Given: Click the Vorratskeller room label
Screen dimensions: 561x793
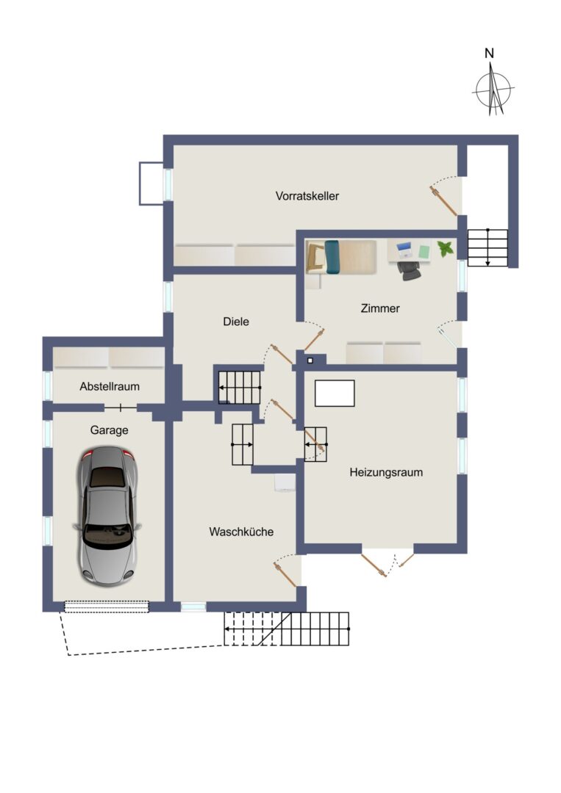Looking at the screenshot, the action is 307,196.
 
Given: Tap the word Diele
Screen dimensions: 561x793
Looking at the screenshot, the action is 236,321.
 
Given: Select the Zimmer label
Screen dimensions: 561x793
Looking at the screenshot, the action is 380,308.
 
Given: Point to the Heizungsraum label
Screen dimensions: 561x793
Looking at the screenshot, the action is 386,472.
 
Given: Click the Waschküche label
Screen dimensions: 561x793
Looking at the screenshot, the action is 241,532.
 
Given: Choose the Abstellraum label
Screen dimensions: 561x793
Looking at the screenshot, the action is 110,386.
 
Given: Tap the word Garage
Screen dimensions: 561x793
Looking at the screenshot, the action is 109,430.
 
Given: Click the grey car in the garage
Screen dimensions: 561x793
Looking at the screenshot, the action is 107,515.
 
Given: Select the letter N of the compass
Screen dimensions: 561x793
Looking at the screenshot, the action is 489,53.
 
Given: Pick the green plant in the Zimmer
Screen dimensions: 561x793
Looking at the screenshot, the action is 446,248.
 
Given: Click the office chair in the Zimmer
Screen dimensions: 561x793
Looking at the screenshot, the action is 409,270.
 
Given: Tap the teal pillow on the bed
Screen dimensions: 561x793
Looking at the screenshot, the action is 332,257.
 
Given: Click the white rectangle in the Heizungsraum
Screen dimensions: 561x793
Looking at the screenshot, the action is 335,394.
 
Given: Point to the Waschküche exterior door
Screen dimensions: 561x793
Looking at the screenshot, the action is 285,573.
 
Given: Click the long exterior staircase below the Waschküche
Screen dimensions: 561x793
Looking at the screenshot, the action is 287,629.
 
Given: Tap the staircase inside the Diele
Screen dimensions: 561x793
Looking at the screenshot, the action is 240,388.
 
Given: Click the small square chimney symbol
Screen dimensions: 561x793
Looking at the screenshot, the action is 310,361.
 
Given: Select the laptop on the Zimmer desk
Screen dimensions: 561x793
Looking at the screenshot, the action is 404,249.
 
